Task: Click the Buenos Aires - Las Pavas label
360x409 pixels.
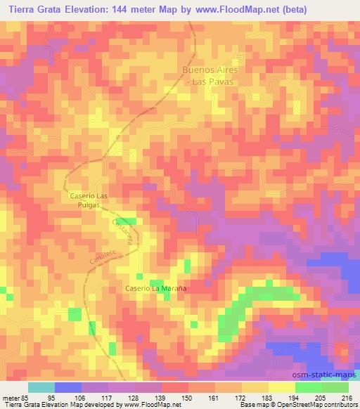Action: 212,76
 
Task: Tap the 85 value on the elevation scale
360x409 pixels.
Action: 28,398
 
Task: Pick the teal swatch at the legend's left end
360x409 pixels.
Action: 41,387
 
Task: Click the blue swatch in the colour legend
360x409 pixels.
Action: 68,387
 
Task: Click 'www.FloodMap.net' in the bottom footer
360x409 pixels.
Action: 145,405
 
